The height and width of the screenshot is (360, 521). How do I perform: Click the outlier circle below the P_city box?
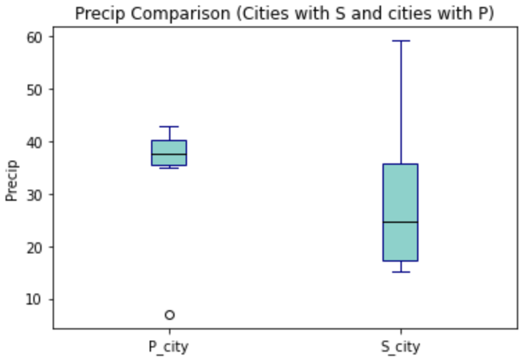point(169,315)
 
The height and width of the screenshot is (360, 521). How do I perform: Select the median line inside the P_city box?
point(169,154)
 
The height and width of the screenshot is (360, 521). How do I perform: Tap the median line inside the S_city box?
point(400,222)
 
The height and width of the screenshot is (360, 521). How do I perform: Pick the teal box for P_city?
point(169,147)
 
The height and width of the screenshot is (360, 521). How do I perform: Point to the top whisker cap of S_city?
point(400,41)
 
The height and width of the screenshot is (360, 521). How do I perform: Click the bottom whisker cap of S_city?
point(400,272)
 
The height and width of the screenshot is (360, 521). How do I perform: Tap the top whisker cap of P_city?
point(169,127)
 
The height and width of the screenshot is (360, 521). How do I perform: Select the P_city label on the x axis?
point(169,345)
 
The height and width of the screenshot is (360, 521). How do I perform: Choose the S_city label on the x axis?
point(400,345)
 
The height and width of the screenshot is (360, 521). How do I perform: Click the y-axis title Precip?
point(11,181)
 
